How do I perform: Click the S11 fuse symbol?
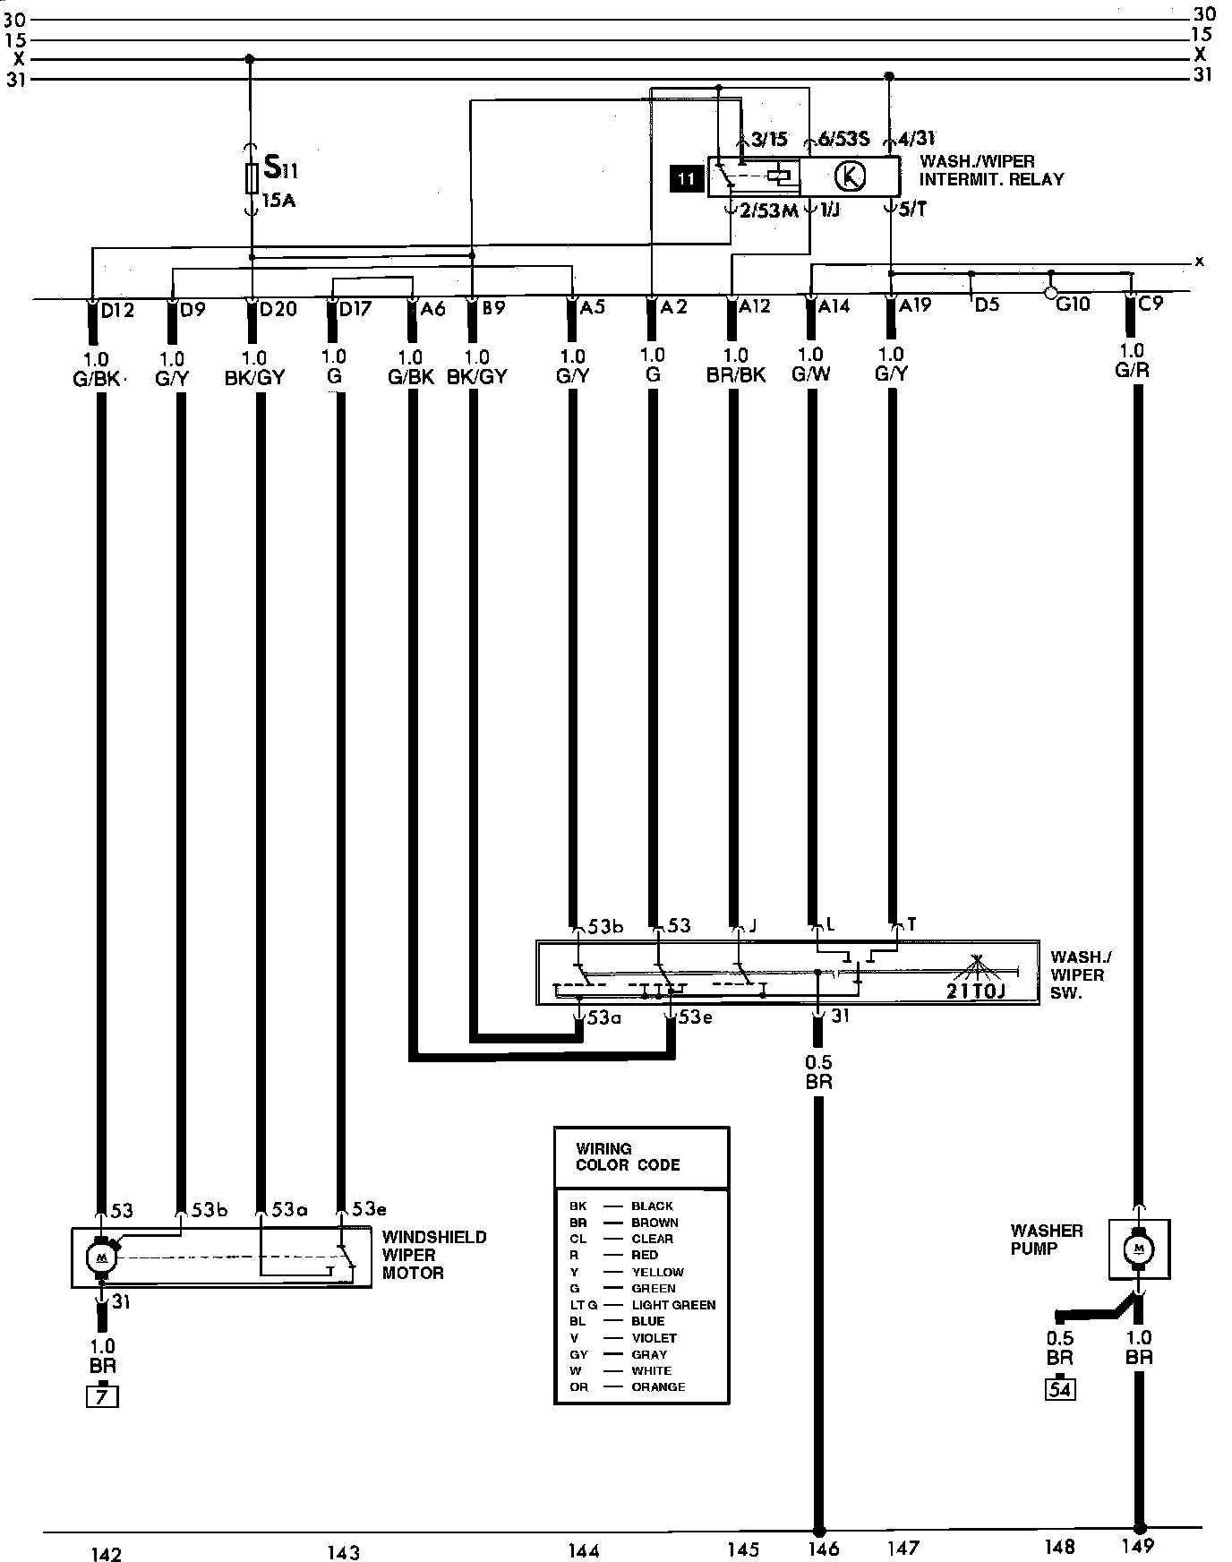pyautogui.click(x=252, y=178)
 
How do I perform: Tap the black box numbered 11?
pyautogui.click(x=687, y=179)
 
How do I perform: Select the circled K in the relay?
pyautogui.click(x=850, y=177)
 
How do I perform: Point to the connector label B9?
pyautogui.click(x=493, y=309)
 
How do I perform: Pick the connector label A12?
pyautogui.click(x=754, y=306)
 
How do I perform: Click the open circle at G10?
pyautogui.click(x=1051, y=292)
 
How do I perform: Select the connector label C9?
pyautogui.click(x=1150, y=305)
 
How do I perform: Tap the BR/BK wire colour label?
pyautogui.click(x=735, y=374)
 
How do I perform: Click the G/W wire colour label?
pyautogui.click(x=811, y=374)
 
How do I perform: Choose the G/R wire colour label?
pyautogui.click(x=1132, y=369)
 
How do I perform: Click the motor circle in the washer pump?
pyautogui.click(x=1139, y=1249)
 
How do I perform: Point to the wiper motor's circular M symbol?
pyautogui.click(x=100, y=1257)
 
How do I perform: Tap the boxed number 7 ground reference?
pyautogui.click(x=102, y=1396)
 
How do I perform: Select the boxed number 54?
pyautogui.click(x=1060, y=1389)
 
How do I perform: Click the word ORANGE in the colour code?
pyautogui.click(x=658, y=1386)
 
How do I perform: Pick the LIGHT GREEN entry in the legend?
pyautogui.click(x=673, y=1305)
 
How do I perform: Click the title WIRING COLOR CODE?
pyautogui.click(x=628, y=1156)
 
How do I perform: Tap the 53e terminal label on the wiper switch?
pyautogui.click(x=696, y=1017)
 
